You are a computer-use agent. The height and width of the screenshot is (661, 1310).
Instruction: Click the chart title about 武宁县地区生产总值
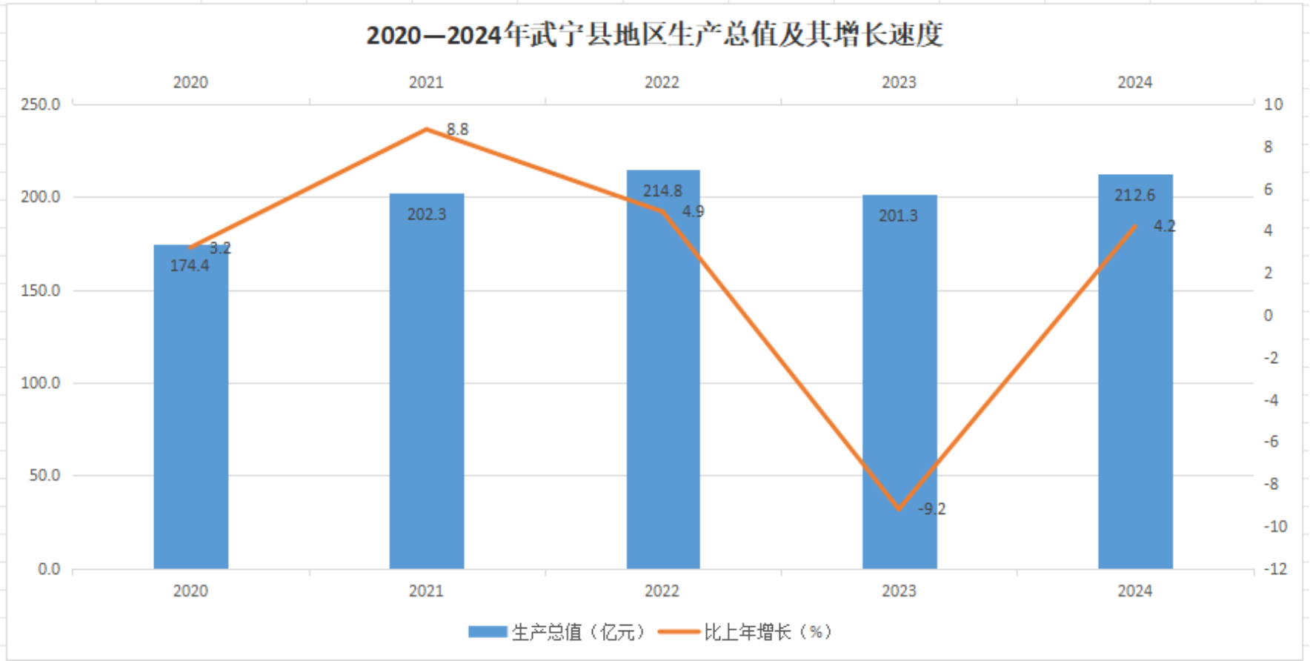[654, 35]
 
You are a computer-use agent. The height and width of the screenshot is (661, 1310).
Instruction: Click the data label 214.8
[662, 191]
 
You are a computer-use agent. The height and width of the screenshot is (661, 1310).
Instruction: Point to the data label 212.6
[1134, 196]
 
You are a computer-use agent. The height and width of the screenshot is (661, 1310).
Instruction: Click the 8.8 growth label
[457, 130]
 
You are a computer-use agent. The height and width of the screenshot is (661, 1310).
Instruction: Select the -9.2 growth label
[932, 509]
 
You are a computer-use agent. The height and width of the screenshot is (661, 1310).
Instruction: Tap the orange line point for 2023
[900, 509]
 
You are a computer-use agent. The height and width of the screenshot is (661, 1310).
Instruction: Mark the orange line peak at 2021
[427, 130]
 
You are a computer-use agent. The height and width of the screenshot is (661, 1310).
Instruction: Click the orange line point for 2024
[1134, 226]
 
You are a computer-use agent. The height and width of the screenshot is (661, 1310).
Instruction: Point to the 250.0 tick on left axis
[41, 104]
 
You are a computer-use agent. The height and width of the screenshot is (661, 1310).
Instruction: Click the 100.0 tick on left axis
[41, 383]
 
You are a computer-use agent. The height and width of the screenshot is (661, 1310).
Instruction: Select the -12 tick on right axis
[1274, 569]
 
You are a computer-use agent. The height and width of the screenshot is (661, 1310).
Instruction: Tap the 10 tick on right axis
[1273, 104]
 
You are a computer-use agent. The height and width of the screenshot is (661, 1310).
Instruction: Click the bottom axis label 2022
[662, 591]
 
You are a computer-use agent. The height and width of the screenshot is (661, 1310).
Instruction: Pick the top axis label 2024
[1134, 82]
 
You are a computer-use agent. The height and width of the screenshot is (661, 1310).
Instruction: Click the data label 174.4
[190, 266]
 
